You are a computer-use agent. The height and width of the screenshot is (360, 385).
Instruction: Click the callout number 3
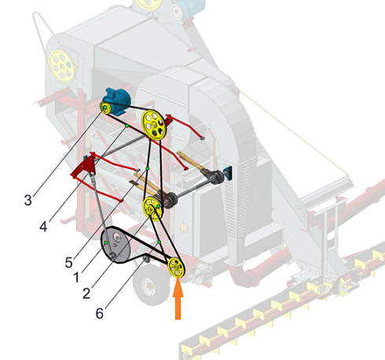28,200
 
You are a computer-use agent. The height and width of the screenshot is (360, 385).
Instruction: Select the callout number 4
43,226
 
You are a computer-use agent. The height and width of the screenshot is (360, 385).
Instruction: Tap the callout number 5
68,263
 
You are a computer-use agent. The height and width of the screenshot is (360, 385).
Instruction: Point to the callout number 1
76,277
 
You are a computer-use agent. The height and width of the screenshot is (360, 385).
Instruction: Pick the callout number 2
86,293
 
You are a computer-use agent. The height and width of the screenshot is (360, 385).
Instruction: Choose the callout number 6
100,313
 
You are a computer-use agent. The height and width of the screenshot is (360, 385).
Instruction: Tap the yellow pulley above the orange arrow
176,267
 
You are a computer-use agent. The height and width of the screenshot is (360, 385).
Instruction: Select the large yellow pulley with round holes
153,125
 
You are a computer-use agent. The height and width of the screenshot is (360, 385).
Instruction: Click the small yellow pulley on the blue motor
105,108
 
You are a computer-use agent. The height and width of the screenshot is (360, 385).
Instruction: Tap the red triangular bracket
83,167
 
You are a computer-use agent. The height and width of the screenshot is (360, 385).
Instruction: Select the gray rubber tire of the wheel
151,285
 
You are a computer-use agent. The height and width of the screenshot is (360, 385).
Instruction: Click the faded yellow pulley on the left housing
62,65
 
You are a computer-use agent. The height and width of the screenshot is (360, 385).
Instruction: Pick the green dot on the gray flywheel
106,243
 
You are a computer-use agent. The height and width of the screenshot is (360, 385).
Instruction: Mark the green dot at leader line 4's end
126,126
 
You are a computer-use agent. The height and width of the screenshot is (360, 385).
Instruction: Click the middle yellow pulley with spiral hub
152,208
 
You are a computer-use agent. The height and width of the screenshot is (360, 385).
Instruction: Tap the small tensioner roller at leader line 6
147,259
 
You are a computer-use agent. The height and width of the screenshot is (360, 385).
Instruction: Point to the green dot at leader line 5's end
148,168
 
